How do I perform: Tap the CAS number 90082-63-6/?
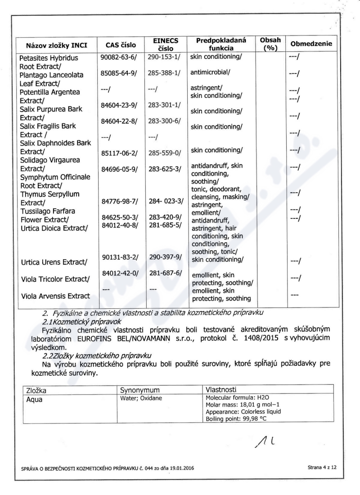click(119, 58)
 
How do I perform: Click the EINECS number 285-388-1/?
click(164, 72)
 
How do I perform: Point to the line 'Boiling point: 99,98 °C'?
click(236, 418)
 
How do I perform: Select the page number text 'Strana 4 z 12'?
click(322, 468)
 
